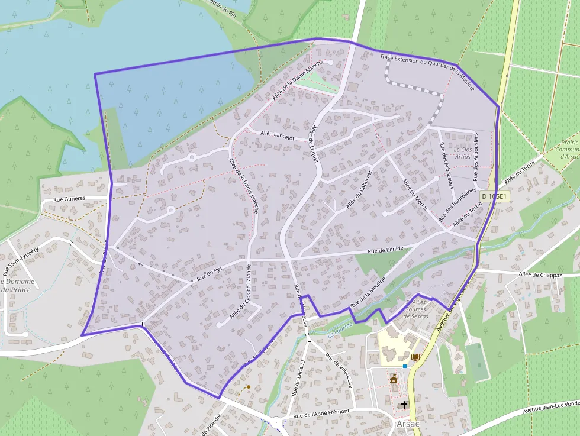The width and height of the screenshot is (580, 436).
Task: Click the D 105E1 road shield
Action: [x=494, y=196]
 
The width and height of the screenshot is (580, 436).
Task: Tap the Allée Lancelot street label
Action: [x=277, y=135]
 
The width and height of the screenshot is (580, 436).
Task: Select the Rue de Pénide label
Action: [x=389, y=250]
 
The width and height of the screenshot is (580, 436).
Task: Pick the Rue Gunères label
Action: [x=69, y=199]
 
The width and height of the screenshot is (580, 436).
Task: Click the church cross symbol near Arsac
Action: [x=404, y=405]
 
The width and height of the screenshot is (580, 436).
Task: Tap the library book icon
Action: [x=415, y=357]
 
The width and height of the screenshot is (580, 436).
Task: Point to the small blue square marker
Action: [x=405, y=366]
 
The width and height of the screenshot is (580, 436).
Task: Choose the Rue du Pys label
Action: [x=210, y=273]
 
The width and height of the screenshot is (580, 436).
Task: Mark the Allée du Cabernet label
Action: [x=359, y=189]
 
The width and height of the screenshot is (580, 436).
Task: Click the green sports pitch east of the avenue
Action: [x=476, y=361]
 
